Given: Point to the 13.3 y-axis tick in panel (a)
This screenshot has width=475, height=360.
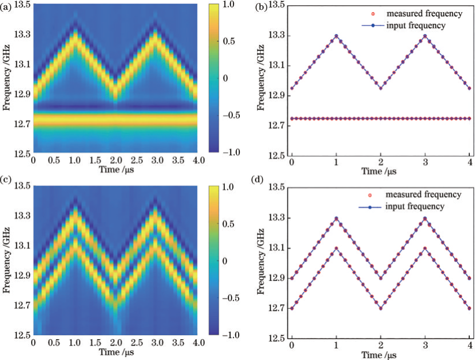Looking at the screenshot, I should [21, 35].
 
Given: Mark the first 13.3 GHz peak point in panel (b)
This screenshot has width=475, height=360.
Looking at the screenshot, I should [336, 36].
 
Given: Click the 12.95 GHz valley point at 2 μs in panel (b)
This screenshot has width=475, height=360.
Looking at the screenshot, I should [380, 88].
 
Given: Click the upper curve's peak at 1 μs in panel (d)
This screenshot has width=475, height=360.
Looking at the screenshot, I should [336, 218].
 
